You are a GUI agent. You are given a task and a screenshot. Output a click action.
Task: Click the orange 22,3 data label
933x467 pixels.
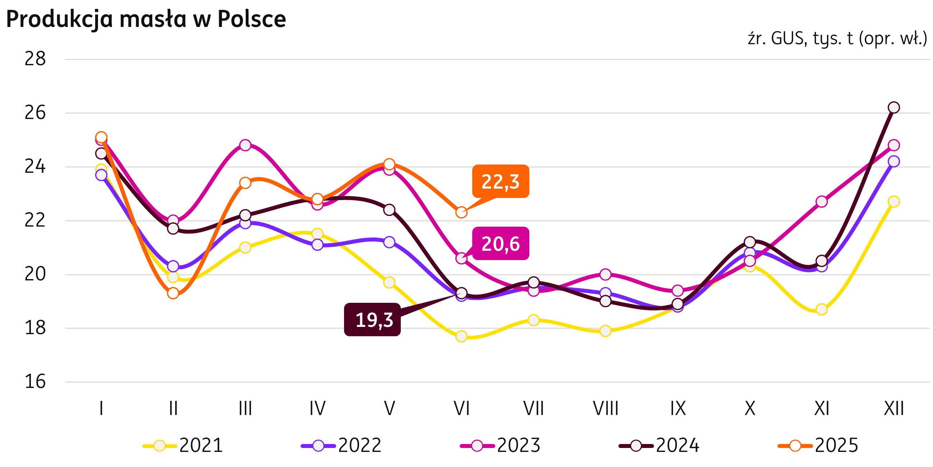[x=501, y=181]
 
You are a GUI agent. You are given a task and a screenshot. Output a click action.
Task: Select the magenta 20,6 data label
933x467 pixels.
[x=501, y=244]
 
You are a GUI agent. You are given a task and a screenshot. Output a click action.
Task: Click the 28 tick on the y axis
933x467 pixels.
[x=35, y=59]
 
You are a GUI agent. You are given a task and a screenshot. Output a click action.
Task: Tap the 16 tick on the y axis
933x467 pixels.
[x=35, y=382]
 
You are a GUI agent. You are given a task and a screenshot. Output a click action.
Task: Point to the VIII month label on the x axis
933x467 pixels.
[x=605, y=409]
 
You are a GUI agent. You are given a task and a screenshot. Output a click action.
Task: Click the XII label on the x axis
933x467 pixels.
[x=894, y=409]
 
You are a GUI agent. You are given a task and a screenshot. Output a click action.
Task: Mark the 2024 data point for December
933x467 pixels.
[x=894, y=108]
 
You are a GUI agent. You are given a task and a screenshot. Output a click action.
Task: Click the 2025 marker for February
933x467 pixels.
[x=173, y=293]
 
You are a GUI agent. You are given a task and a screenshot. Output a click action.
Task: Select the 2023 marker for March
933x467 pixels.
[x=245, y=145]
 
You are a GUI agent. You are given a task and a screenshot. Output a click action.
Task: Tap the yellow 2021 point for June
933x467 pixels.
[x=461, y=337]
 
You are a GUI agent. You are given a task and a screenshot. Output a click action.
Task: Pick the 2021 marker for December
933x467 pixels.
[x=894, y=202]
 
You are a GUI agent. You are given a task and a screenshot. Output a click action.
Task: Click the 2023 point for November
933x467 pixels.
[x=822, y=202]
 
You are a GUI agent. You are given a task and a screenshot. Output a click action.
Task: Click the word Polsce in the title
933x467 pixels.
[x=252, y=19]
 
